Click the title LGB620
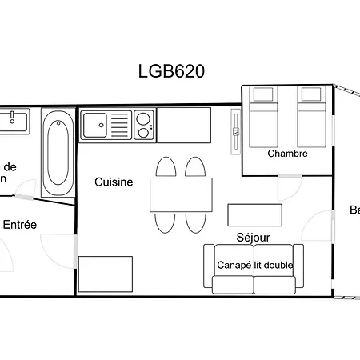click(172, 71)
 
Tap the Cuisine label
click(114, 182)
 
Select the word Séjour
click(253, 238)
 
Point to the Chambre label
click(288, 154)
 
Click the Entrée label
click(20, 225)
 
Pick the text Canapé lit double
click(254, 265)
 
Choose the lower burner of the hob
click(144, 132)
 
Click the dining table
click(181, 194)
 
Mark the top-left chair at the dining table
click(166, 167)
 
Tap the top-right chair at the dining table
click(194, 167)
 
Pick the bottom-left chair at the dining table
click(166, 222)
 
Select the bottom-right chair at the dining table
click(194, 222)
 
